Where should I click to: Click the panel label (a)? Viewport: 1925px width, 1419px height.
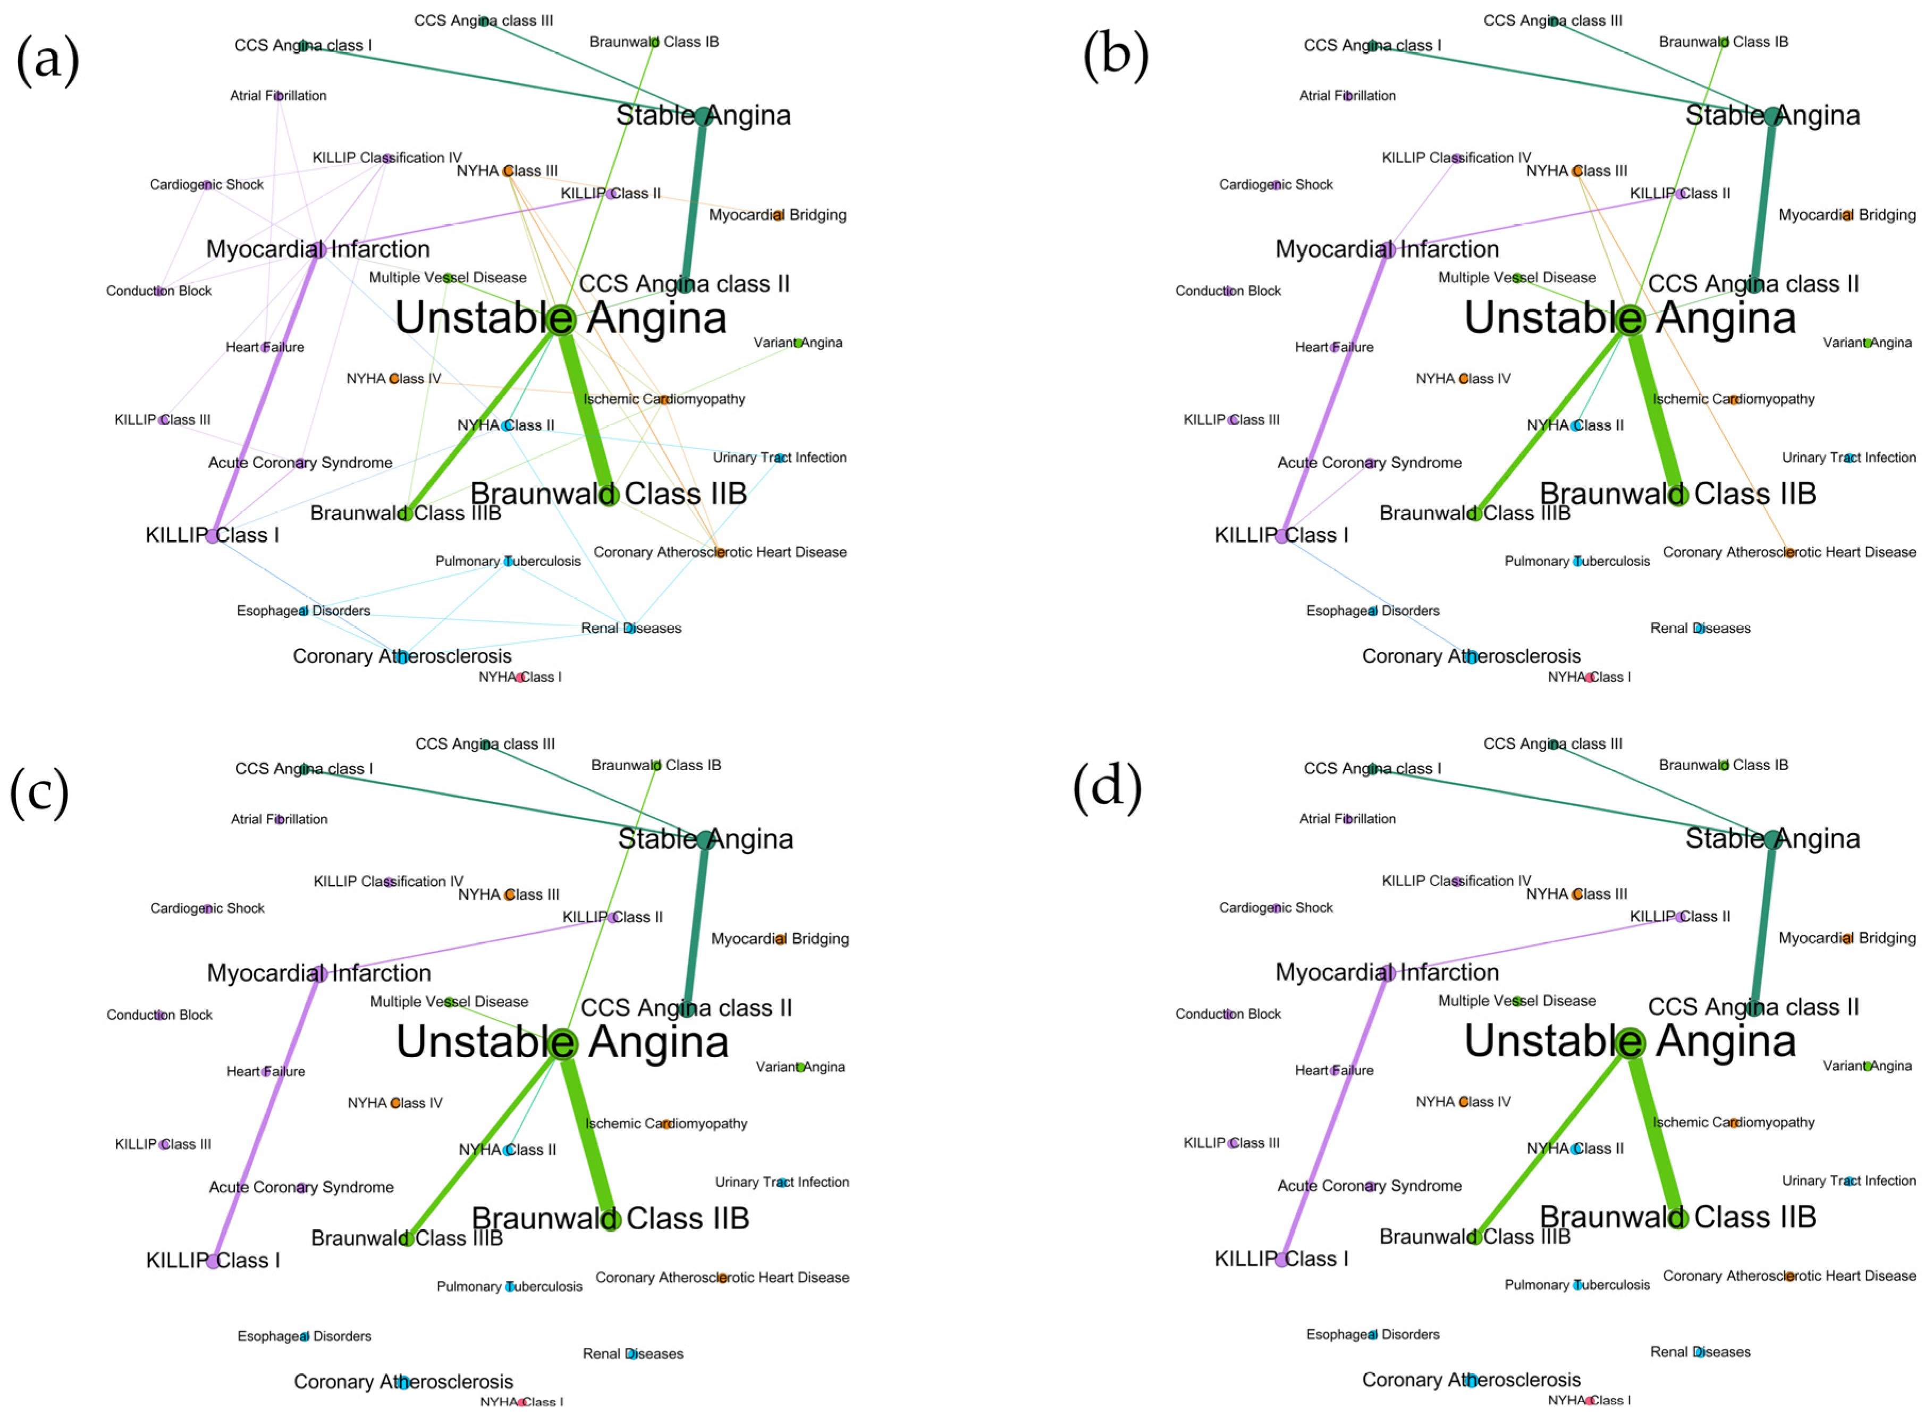tap(48, 60)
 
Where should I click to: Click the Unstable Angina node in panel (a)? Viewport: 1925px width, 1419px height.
tap(561, 319)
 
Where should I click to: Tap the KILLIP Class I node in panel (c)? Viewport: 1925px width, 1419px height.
tap(212, 1260)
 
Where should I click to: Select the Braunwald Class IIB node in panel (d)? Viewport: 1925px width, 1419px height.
tap(1678, 1217)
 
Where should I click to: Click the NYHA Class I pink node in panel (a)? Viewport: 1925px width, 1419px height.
tap(520, 677)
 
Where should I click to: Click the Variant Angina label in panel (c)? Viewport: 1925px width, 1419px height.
tap(800, 1067)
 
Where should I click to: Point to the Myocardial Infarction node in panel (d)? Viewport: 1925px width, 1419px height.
tap(1387, 973)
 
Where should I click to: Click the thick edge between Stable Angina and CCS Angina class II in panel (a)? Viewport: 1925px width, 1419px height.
tap(694, 199)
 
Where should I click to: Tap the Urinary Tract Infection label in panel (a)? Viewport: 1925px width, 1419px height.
tap(779, 458)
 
